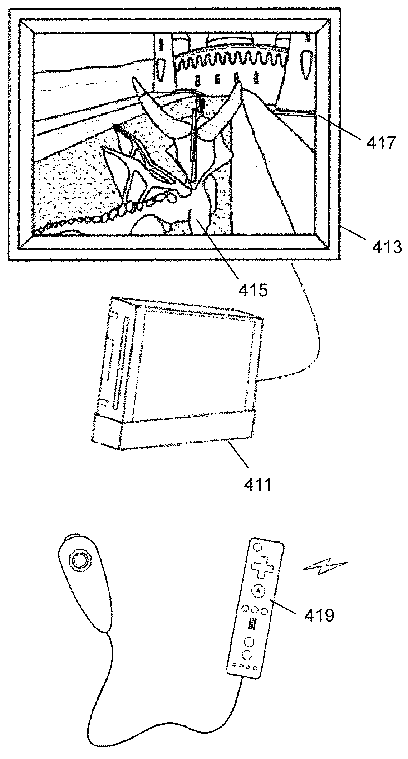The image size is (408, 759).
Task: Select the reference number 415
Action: (253, 290)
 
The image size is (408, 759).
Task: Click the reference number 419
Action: (319, 615)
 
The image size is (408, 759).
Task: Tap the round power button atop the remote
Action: (257, 547)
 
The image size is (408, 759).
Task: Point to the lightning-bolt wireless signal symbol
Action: (324, 564)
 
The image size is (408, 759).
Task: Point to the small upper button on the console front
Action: (114, 315)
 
